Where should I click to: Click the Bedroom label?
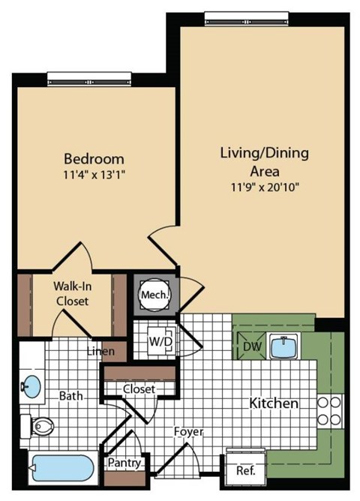[x=94, y=159]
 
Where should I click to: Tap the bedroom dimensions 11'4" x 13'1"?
[x=94, y=176]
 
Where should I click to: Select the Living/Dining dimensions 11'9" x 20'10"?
[x=265, y=187]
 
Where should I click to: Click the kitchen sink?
[x=284, y=347]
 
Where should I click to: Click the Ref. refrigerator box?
[x=245, y=472]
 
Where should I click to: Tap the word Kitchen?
[x=274, y=403]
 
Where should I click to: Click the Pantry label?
[x=124, y=463]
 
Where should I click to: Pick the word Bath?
[x=72, y=394]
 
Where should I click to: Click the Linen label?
[x=100, y=351]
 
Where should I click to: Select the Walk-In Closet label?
[x=71, y=293]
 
